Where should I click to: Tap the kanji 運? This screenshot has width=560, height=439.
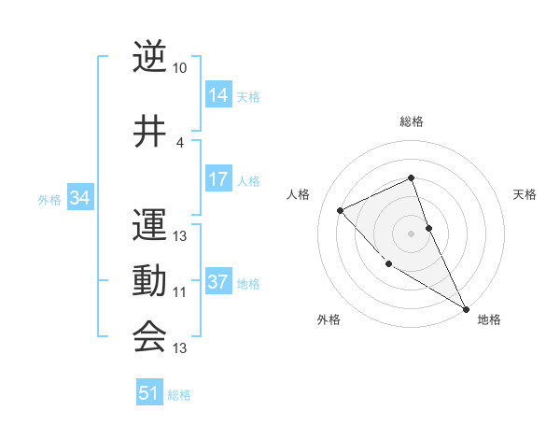[149, 225]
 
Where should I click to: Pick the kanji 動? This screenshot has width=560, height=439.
[149, 281]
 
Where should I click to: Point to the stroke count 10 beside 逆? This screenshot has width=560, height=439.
[180, 69]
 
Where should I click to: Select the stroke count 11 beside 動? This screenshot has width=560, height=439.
[180, 292]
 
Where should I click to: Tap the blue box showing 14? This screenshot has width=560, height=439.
[218, 95]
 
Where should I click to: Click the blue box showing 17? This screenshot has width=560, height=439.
[218, 179]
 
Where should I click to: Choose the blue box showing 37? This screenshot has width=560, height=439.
[218, 282]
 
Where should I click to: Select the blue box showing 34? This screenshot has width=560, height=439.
[79, 198]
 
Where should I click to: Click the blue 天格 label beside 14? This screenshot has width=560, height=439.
[248, 97]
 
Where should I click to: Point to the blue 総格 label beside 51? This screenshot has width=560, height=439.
[179, 395]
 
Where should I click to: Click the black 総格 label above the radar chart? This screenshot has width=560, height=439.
[412, 121]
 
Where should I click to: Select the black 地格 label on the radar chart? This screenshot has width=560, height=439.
[489, 319]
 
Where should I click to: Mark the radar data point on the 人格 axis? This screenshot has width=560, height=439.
[341, 210]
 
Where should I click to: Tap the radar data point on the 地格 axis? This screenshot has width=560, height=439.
[466, 308]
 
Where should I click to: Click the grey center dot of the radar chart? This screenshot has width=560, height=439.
[411, 233]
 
